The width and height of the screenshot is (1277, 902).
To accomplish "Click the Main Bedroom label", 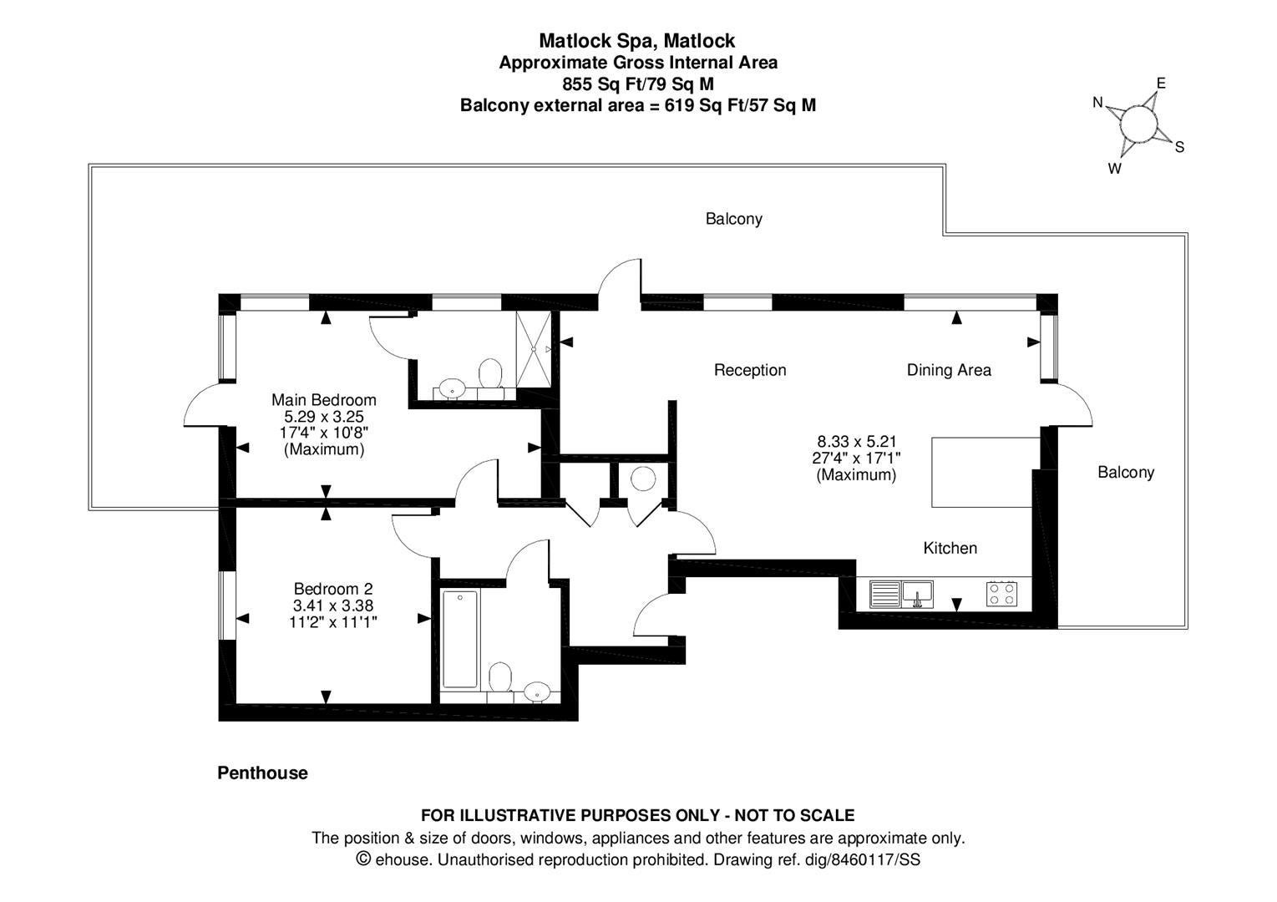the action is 324,400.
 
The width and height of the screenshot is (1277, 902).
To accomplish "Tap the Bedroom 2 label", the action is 333,589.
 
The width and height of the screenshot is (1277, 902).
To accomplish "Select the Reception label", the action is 750,371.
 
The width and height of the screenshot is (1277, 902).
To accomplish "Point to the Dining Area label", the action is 949,371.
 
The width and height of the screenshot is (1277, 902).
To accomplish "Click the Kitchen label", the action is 950,549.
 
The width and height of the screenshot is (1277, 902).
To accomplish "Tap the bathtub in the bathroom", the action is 460,639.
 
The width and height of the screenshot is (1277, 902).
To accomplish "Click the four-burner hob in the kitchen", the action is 1001,594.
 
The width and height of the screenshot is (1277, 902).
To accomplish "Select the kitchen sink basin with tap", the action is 917,595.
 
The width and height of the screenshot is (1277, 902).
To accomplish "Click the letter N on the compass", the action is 1097,103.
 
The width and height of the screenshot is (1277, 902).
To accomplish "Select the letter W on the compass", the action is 1114,169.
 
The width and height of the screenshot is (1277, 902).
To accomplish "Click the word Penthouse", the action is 263,773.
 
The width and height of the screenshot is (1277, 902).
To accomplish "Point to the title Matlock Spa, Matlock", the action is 637,40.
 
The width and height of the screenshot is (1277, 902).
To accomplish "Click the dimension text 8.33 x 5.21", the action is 857,441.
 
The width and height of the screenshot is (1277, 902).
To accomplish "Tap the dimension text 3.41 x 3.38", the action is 333,605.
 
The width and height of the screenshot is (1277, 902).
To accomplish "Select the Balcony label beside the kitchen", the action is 1126,473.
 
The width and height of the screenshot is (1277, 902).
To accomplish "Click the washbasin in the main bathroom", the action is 536,692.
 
